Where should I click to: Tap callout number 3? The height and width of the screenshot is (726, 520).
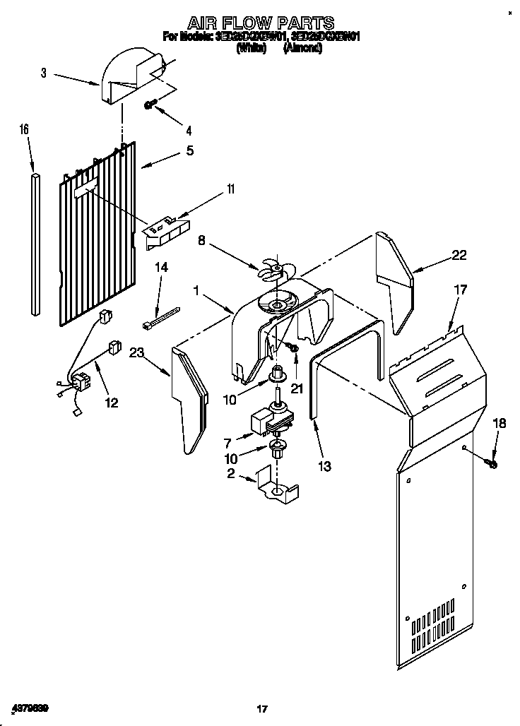tap(44, 72)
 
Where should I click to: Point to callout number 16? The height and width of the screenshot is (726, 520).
tap(24, 129)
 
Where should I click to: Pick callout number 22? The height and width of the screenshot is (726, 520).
tap(459, 256)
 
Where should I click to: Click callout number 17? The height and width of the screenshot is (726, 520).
tap(460, 289)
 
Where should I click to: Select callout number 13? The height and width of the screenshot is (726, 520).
tap(325, 466)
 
